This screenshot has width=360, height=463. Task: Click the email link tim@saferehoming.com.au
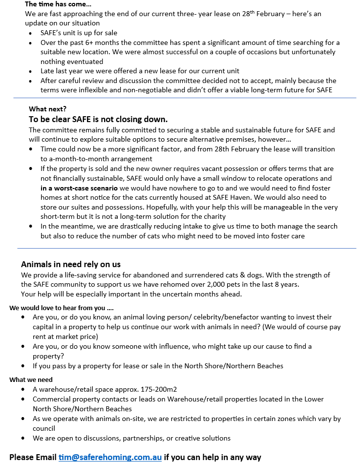(110, 458)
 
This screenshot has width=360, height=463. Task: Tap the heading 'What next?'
(47, 109)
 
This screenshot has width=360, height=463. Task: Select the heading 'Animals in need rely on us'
(71, 264)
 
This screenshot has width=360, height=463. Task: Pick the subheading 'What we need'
(31, 379)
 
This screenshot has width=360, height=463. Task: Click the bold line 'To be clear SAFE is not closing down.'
(98, 119)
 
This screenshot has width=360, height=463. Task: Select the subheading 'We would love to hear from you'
(61, 308)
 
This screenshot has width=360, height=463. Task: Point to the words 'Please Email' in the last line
(33, 458)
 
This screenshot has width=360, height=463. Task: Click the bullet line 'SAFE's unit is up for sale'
(79, 33)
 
